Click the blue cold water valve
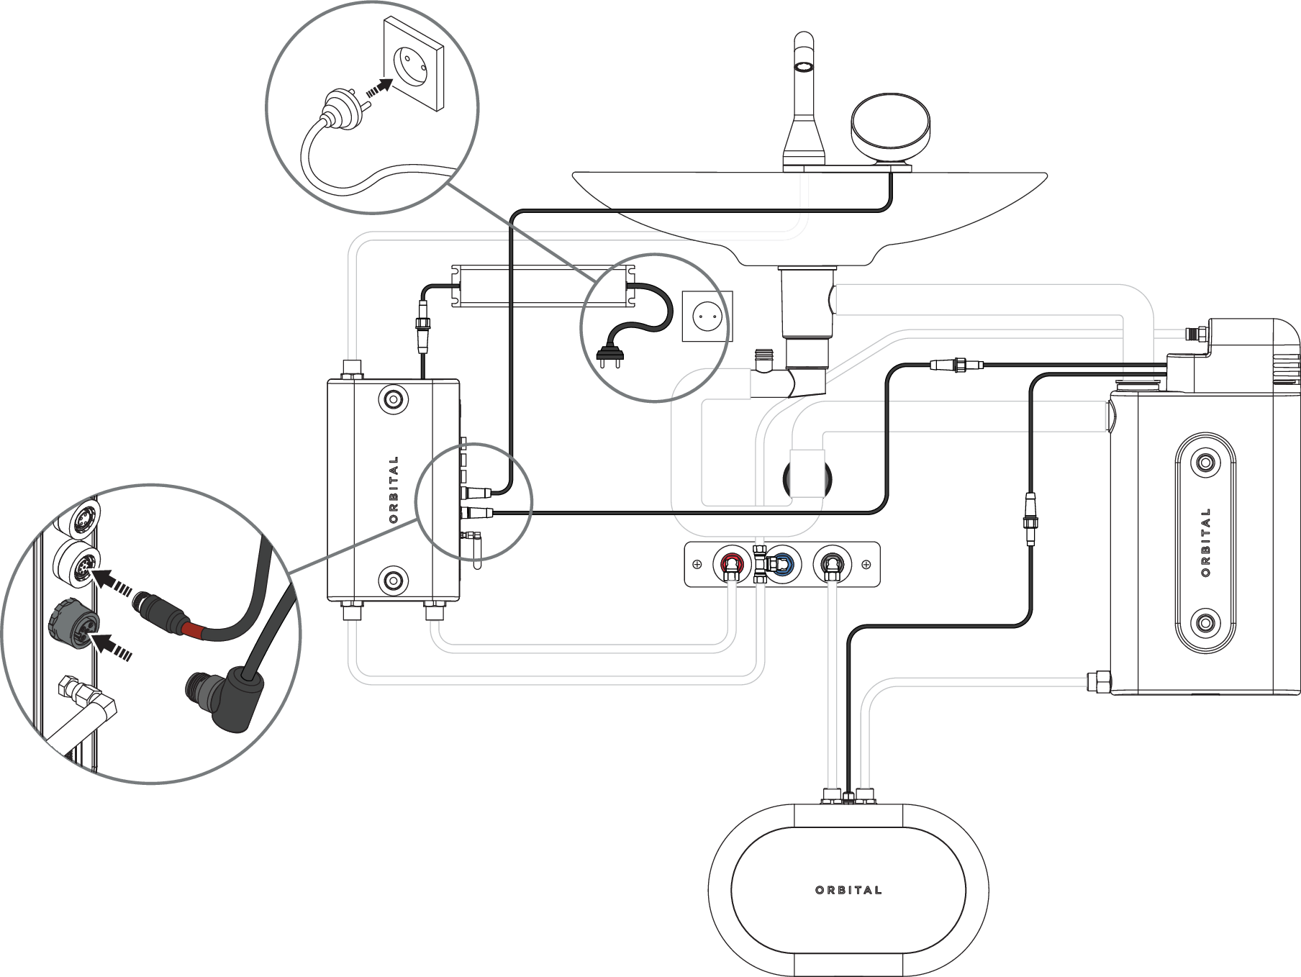(x=782, y=563)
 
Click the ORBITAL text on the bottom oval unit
(x=848, y=890)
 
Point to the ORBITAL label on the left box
(x=393, y=489)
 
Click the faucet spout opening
(x=803, y=67)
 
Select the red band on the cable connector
(x=193, y=631)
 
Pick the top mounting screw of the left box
(x=393, y=399)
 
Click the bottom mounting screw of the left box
(x=393, y=579)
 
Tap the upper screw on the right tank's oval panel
(x=1206, y=462)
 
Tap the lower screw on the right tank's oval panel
(x=1206, y=622)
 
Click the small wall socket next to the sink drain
(x=707, y=315)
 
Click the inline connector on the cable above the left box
(x=422, y=330)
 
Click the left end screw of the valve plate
(x=697, y=564)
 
